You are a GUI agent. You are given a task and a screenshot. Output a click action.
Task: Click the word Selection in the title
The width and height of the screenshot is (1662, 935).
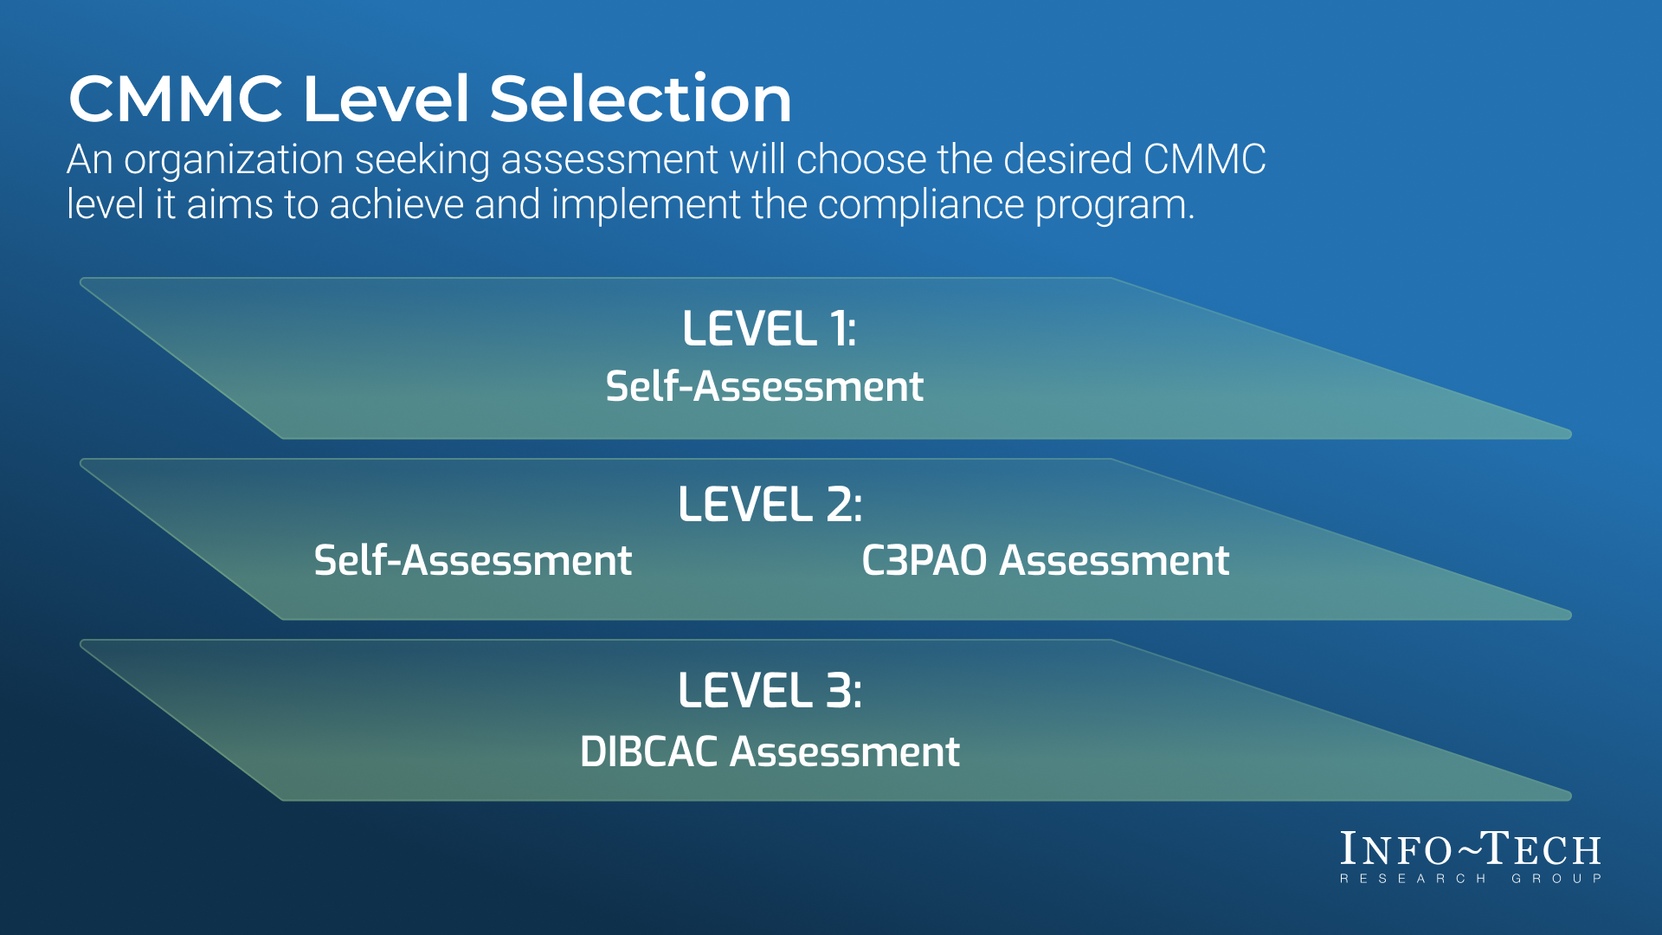pyautogui.click(x=641, y=98)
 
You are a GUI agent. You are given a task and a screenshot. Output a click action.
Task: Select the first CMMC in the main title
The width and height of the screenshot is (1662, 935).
pyautogui.click(x=176, y=98)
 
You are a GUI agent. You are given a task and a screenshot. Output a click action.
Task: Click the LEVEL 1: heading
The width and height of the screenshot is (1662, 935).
pyautogui.click(x=770, y=329)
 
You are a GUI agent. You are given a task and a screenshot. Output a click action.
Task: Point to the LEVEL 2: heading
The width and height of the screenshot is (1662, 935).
pyautogui.click(x=770, y=504)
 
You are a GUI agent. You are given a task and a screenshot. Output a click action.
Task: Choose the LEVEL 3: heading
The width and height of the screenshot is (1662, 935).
pyautogui.click(x=770, y=691)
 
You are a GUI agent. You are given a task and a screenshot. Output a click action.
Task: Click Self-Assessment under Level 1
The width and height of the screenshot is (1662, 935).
pyautogui.click(x=764, y=386)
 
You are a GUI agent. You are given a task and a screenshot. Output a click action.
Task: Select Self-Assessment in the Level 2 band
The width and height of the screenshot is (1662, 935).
pyautogui.click(x=473, y=560)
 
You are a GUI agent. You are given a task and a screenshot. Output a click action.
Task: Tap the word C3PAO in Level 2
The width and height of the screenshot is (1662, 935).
pyautogui.click(x=924, y=560)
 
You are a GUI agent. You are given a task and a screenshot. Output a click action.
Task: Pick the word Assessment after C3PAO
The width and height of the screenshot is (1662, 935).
pyautogui.click(x=1115, y=560)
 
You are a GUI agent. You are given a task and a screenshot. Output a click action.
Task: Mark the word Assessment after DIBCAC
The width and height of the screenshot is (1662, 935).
pyautogui.click(x=845, y=751)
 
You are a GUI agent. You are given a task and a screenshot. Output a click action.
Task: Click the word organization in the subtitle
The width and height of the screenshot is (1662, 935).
pyautogui.click(x=234, y=161)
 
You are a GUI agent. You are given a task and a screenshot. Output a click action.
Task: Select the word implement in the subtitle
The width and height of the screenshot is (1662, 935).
pyautogui.click(x=646, y=206)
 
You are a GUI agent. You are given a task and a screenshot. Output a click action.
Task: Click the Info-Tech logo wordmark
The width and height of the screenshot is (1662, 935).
pyautogui.click(x=1471, y=849)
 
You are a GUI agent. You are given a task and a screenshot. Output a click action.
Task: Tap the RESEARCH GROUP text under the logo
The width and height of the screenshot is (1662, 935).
pyautogui.click(x=1471, y=879)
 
